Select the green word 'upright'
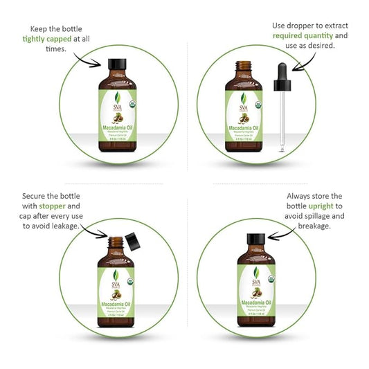pos(315,206)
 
